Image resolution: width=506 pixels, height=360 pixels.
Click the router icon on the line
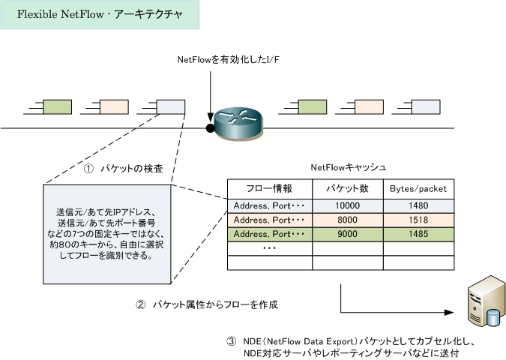pos(239,124)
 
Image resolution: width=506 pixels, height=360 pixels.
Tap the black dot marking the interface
pos(211,128)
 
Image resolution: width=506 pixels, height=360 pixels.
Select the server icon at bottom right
pos(486,301)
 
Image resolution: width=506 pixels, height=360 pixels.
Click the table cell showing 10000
pos(348,206)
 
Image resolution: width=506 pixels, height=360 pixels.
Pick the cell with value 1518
pos(418,220)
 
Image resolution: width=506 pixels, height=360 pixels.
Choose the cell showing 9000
pos(348,234)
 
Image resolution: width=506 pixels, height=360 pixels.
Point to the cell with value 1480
pos(418,206)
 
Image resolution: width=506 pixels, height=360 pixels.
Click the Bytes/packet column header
pos(418,189)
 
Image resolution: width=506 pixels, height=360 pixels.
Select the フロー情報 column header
pos(270,189)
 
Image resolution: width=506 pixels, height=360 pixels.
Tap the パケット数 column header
pos(348,189)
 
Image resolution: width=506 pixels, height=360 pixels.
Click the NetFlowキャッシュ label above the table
pos(349,167)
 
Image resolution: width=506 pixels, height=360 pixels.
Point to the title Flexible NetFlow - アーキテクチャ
pos(100,14)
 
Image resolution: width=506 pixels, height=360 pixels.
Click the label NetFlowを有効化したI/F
pos(229,60)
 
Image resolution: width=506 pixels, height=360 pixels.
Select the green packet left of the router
pos(57,106)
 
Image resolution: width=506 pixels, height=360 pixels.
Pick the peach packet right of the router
pos(369,106)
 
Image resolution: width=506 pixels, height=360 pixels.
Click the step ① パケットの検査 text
pos(124,169)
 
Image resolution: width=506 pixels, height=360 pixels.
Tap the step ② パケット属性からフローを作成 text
pos(207,304)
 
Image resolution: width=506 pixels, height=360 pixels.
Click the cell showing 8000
pos(348,220)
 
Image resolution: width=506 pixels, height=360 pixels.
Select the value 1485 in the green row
pos(418,234)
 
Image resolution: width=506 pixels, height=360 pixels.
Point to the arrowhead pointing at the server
pos(449,312)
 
